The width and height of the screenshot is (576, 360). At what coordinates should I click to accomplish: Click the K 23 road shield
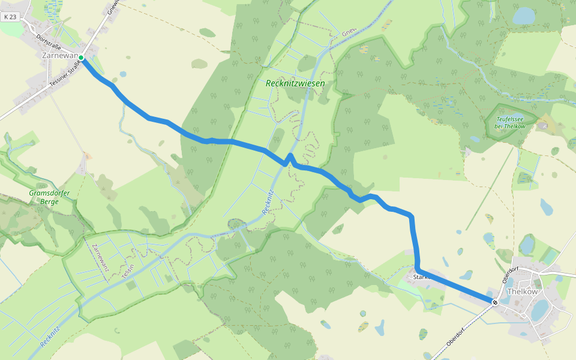(x=10, y=17)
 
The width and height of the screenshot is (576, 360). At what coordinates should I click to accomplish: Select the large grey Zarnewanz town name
(x=61, y=55)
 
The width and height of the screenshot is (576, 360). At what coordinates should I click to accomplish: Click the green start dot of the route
(x=81, y=58)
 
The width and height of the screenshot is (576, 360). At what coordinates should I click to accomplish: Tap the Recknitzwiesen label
(x=295, y=84)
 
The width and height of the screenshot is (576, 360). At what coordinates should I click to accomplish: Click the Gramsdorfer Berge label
(x=49, y=197)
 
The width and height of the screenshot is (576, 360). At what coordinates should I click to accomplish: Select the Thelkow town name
(x=522, y=292)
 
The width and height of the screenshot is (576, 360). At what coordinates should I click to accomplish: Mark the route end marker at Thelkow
(x=495, y=302)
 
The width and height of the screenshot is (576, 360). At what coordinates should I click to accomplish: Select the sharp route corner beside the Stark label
(x=417, y=268)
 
